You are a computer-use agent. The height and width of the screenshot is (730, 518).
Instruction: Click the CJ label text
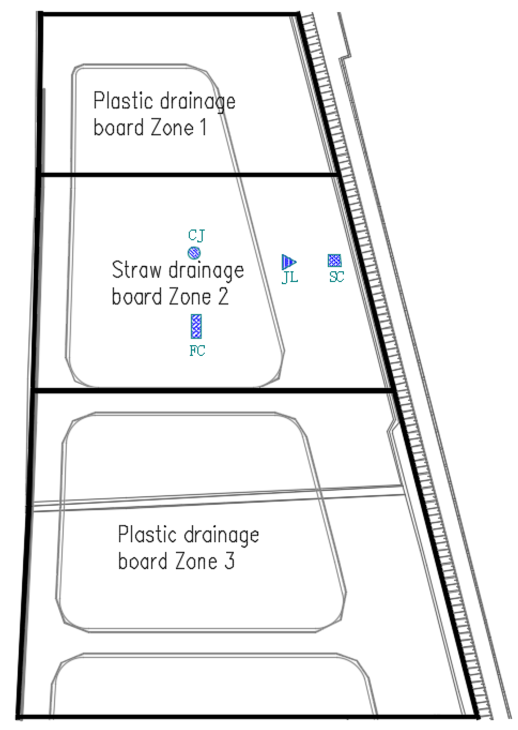196,235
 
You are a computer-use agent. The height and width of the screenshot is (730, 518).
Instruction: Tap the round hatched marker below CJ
194,253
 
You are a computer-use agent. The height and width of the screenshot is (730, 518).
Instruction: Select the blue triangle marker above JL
289,262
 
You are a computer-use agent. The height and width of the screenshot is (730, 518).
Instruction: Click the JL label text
290,277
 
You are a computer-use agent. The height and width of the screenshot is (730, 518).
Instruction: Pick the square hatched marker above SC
334,260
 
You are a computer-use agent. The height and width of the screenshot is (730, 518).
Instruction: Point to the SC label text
337,276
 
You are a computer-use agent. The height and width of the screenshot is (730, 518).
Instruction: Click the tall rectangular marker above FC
196,326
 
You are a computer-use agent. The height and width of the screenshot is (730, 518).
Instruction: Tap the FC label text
197,351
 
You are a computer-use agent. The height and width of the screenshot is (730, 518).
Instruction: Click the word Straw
136,270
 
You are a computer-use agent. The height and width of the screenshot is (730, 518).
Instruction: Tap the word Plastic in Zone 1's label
123,101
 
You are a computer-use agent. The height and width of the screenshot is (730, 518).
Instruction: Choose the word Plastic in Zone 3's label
148,534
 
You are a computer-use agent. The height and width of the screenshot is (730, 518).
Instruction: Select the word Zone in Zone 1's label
172,127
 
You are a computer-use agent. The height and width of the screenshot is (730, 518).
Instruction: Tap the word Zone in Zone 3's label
196,561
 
